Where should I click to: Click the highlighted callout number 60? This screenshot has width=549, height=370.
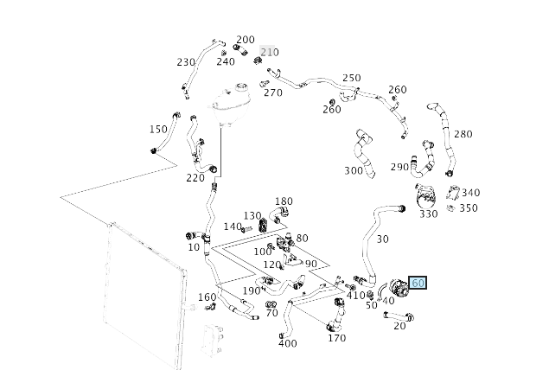coord(418,283)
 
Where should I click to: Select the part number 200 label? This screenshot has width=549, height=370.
coord(246,40)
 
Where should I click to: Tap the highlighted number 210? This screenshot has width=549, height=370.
coord(270,52)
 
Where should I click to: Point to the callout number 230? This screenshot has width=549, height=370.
coord(186,62)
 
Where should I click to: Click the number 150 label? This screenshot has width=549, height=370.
coord(157,130)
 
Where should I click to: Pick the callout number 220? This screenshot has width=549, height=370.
coord(195,178)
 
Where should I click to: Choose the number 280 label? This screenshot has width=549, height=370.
coord(463,134)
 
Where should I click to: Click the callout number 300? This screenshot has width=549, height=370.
coord(354,171)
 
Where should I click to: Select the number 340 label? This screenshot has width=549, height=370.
coord(470,193)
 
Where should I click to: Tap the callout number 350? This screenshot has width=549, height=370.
coord(468,208)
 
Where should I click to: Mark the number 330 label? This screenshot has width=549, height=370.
coord(428,214)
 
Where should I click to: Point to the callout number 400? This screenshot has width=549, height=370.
coord(288,343)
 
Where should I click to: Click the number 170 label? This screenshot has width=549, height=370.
coord(337,338)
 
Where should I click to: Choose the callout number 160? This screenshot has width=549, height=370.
coord(207,297)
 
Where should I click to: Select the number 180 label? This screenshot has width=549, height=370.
coord(284,201)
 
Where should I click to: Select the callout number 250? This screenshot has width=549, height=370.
coord(351,79)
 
